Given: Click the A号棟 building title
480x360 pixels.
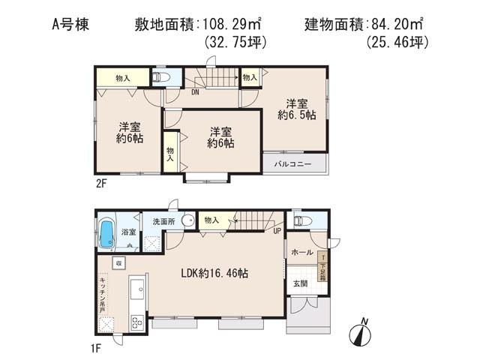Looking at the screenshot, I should coord(71,25).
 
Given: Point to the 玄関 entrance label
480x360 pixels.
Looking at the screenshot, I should coord(300,283).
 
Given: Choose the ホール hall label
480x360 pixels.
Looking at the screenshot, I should coord(302,252).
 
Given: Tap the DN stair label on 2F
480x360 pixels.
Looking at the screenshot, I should coord(195,92).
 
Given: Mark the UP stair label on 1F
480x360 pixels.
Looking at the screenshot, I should coord(278,232).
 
